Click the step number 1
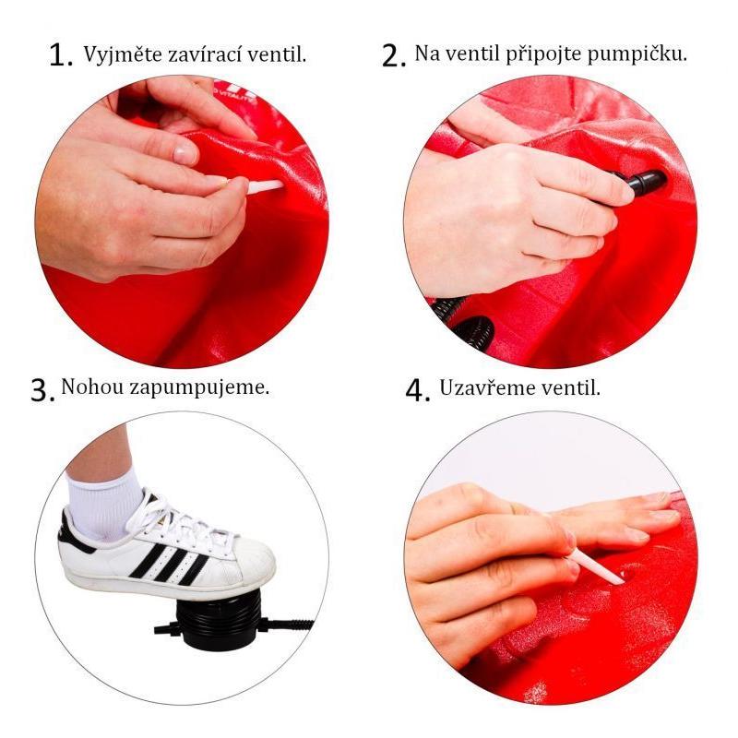tap(61, 56)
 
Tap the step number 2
tap(394, 56)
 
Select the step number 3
tap(42, 390)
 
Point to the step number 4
tap(418, 390)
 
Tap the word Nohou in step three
tap(92, 387)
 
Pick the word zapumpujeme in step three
tap(199, 389)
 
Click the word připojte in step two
tap(543, 54)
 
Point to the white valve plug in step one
tap(266, 186)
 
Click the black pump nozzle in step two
tap(644, 183)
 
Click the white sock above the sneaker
tap(102, 506)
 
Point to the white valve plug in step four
tap(595, 566)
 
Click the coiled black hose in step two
tap(464, 320)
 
